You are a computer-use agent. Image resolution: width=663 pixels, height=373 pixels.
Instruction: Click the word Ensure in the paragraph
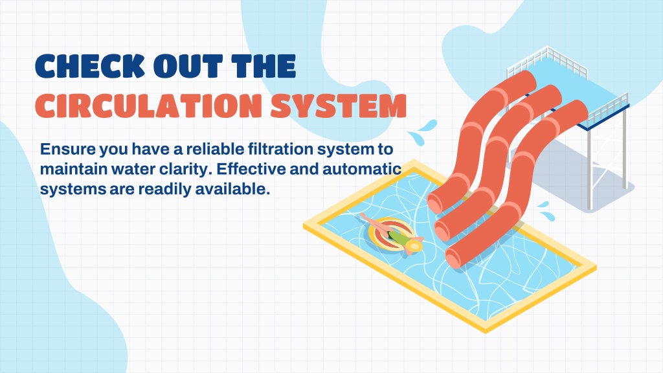67,150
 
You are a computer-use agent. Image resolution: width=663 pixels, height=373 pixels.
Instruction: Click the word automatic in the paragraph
362,169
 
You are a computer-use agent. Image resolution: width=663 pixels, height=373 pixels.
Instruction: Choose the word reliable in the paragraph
215,150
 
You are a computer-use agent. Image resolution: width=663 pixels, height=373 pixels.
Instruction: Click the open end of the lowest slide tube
453,258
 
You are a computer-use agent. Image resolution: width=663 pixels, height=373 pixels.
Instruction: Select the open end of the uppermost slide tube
434,204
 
